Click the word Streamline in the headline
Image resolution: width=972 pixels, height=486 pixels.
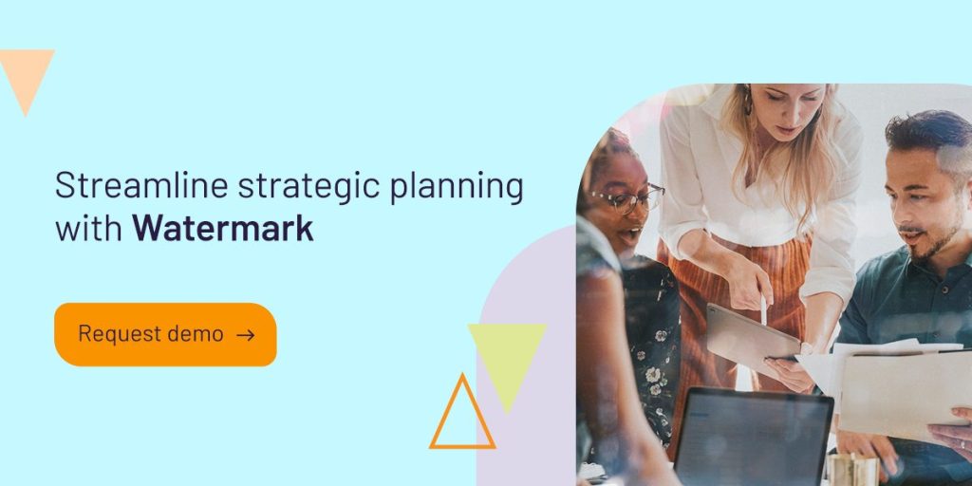(x=141, y=185)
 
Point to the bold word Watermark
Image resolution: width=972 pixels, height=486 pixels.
(x=223, y=228)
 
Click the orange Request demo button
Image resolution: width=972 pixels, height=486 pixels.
(x=165, y=334)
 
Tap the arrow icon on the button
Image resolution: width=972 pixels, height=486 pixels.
(x=246, y=335)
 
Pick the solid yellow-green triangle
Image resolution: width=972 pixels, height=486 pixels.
(x=507, y=360)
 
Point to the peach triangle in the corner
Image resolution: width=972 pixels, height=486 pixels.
(x=26, y=74)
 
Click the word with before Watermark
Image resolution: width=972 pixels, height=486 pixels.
(x=88, y=228)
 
